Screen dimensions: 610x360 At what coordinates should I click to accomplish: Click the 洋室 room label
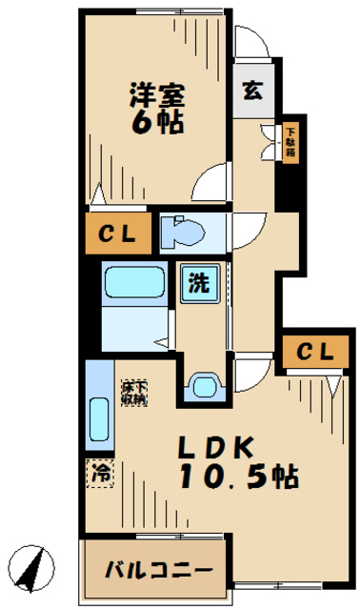[153, 94]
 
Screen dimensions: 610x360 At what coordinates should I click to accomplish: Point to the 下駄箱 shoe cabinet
[289, 140]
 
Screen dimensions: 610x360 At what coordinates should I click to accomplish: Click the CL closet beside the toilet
[119, 233]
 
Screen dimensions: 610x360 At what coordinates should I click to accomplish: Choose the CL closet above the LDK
[312, 352]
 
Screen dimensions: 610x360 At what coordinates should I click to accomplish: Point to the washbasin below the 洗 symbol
[203, 385]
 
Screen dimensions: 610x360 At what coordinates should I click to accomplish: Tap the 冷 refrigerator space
[99, 470]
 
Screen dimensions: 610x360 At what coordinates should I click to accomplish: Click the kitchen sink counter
[98, 410]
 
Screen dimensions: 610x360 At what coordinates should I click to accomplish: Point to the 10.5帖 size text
[238, 476]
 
